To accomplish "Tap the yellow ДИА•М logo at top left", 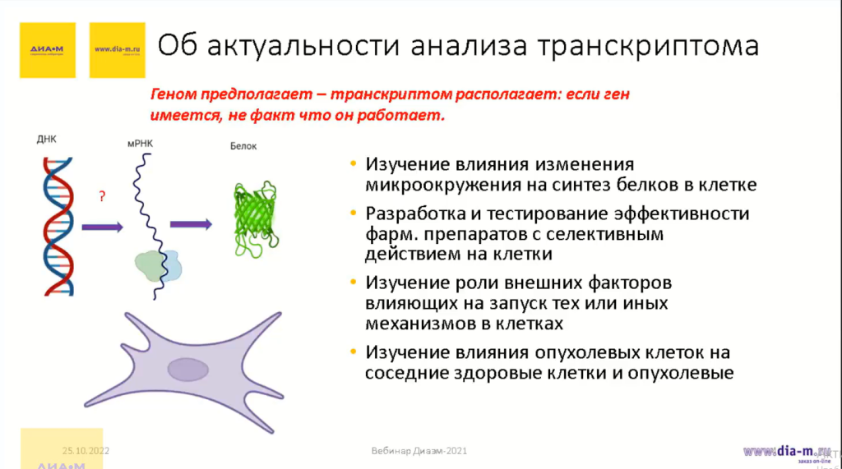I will (x=47, y=49).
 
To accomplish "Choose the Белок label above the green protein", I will (x=243, y=146).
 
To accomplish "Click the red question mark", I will (x=102, y=196).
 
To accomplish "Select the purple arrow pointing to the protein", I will (x=191, y=224).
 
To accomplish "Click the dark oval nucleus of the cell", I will (x=187, y=370).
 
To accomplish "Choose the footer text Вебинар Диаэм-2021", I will (x=420, y=452).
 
